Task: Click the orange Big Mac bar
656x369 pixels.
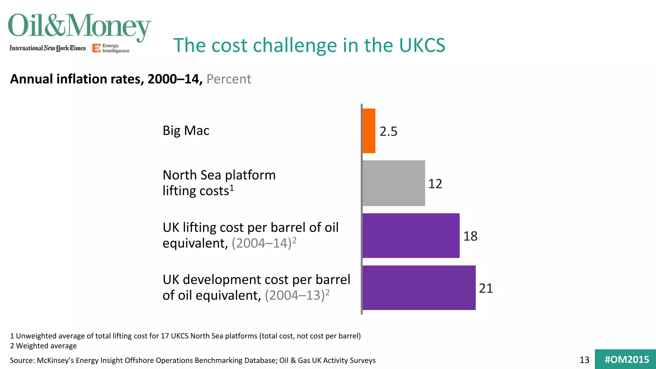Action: pyautogui.click(x=369, y=131)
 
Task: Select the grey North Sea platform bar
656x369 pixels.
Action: pyautogui.click(x=394, y=183)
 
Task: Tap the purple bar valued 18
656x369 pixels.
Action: pyautogui.click(x=411, y=236)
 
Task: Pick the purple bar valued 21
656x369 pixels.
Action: pyautogui.click(x=419, y=288)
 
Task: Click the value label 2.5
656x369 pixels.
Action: pyautogui.click(x=388, y=131)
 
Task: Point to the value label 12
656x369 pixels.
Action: pyautogui.click(x=435, y=184)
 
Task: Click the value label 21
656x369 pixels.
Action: pyautogui.click(x=486, y=288)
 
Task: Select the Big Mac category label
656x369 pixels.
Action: pyautogui.click(x=186, y=131)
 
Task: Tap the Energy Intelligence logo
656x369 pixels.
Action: pyautogui.click(x=111, y=48)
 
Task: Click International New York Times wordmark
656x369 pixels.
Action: pyautogui.click(x=48, y=48)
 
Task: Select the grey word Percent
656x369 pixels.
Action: pyautogui.click(x=229, y=79)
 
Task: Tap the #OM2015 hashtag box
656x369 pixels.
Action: pyautogui.click(x=626, y=359)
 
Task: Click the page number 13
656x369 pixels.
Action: pyautogui.click(x=584, y=360)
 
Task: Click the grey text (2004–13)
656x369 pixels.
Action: pyautogui.click(x=295, y=295)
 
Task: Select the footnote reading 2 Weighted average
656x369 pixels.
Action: pyautogui.click(x=43, y=346)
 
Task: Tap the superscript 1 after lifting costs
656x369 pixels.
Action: pyautogui.click(x=232, y=188)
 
